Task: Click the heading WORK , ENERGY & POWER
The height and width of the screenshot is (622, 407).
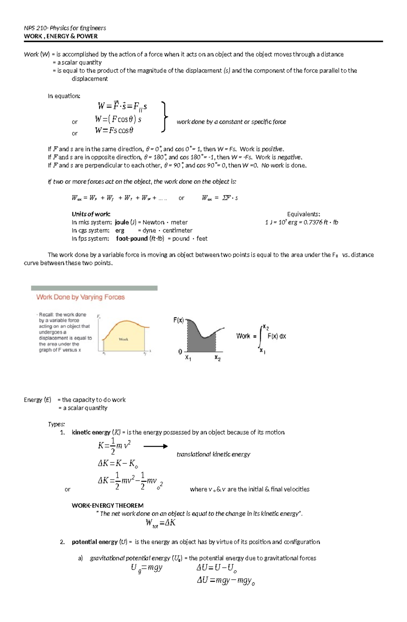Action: tap(61, 36)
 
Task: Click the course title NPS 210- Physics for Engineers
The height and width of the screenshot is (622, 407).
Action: tap(65, 28)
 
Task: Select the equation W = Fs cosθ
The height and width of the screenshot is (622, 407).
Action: tap(114, 131)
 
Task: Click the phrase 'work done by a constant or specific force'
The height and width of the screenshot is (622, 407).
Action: tap(231, 122)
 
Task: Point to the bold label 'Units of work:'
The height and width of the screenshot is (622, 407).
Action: tap(91, 214)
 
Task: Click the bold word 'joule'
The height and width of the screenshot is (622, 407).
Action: tap(122, 222)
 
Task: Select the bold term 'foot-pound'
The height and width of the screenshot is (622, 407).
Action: tap(132, 239)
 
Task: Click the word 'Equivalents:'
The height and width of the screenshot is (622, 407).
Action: tap(304, 214)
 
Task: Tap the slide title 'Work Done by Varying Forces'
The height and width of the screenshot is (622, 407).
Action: tap(80, 297)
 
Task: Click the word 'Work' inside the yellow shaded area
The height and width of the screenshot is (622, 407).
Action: tap(123, 339)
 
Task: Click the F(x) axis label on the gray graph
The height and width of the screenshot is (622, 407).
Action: tap(178, 320)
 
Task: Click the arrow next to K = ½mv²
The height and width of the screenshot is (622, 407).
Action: tap(155, 446)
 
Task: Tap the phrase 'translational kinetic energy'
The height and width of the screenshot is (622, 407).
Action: tap(213, 454)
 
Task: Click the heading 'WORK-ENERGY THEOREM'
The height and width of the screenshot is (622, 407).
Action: tap(108, 505)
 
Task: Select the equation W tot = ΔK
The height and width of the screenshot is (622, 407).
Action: tap(160, 523)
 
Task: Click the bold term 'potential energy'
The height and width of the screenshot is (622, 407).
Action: tap(91, 542)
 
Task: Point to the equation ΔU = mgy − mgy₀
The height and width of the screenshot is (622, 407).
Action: tap(226, 581)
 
